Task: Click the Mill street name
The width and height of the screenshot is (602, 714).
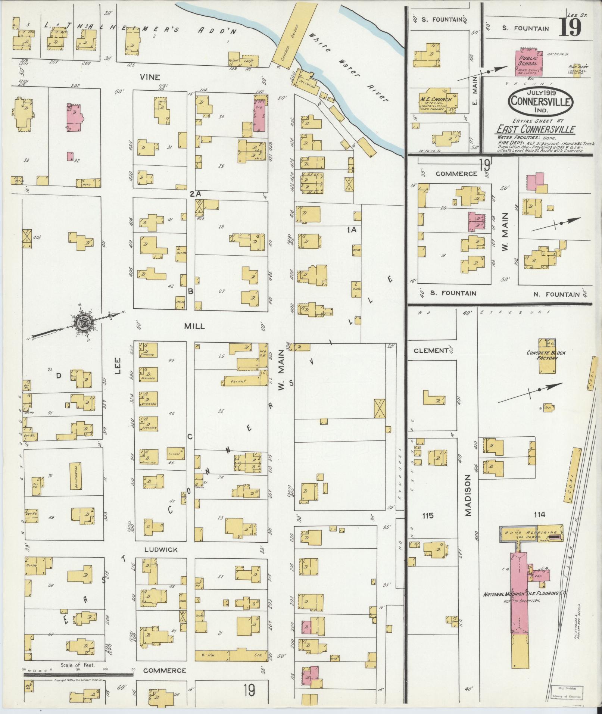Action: click(194, 326)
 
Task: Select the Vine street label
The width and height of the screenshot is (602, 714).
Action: click(150, 77)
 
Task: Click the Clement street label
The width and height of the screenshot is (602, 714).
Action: click(431, 350)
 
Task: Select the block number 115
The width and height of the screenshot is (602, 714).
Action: click(428, 515)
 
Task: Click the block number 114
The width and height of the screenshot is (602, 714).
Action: click(539, 515)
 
